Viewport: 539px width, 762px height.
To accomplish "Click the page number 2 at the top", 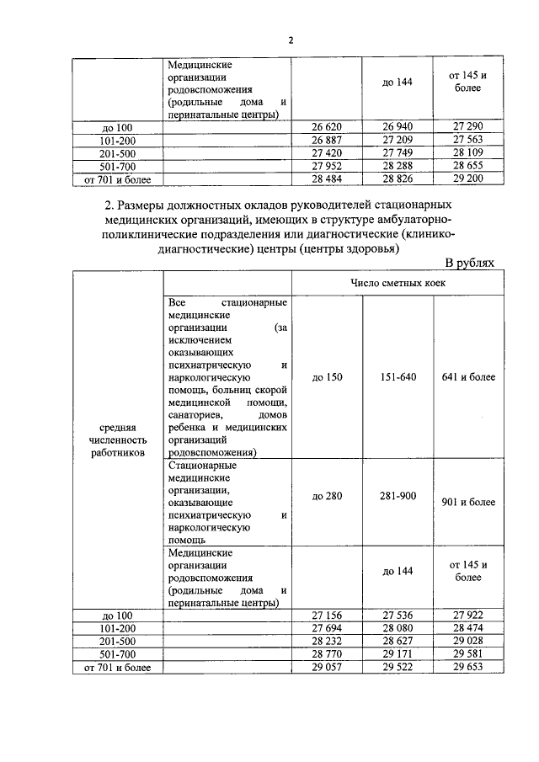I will point(291,40).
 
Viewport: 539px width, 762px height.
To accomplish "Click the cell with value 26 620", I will point(326,127).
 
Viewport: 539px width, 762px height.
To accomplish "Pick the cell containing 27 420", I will point(326,153).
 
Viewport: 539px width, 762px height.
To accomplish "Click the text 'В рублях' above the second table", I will point(469,263).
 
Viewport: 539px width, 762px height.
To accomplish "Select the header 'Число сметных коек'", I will point(398,283).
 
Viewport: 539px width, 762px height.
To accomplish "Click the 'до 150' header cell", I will point(327,376).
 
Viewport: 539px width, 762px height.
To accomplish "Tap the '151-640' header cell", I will point(398,376).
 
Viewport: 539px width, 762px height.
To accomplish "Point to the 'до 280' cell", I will point(327,496).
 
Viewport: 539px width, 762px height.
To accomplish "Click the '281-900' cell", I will point(398,496).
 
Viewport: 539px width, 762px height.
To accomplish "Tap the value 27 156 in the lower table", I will point(326,615).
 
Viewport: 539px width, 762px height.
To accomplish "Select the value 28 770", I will point(326,654).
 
